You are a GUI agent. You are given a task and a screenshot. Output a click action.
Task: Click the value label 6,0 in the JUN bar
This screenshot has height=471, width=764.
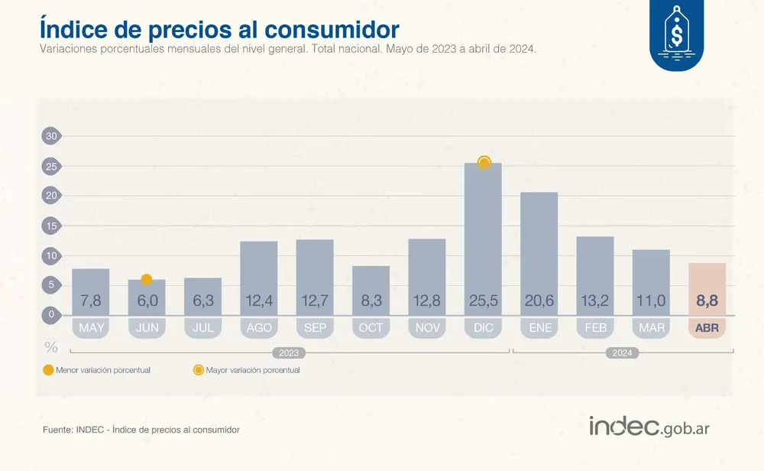(x=147, y=301)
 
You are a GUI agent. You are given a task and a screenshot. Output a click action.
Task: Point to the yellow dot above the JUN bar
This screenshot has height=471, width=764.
(x=147, y=280)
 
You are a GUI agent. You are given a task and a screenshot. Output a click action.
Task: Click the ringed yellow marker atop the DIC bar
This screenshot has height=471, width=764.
(x=484, y=162)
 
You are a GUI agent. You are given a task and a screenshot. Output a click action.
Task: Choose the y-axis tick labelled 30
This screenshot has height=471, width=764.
(x=51, y=136)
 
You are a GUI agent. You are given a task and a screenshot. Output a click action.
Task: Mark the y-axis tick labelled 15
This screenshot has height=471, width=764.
(x=51, y=226)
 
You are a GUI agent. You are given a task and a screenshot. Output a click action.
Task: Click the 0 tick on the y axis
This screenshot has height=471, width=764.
(x=51, y=314)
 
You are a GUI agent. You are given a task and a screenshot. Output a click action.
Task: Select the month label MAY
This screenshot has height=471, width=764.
(x=91, y=328)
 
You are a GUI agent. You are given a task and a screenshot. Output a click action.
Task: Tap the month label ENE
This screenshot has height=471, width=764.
(x=539, y=328)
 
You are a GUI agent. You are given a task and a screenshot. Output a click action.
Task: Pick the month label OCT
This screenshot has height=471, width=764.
(x=371, y=328)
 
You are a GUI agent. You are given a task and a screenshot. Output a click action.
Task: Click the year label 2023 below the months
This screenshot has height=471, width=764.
(x=288, y=352)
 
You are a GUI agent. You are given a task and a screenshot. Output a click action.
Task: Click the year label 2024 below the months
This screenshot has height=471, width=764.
(x=622, y=352)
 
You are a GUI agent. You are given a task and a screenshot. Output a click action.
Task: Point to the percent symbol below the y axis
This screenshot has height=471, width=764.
(x=51, y=347)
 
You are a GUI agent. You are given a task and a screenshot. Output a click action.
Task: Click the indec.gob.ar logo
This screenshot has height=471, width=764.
(x=649, y=427)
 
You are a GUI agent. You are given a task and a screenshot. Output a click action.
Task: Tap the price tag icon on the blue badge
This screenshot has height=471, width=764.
(x=676, y=32)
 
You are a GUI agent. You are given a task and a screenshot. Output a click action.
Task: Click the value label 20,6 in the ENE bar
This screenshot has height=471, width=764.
(x=539, y=301)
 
